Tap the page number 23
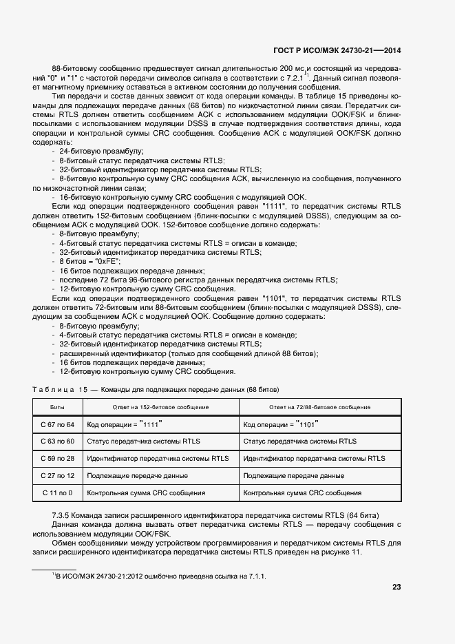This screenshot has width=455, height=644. tap(396, 587)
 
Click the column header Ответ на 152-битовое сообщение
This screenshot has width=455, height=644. tap(160, 407)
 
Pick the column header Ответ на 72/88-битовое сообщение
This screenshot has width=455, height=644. tap(319, 407)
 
